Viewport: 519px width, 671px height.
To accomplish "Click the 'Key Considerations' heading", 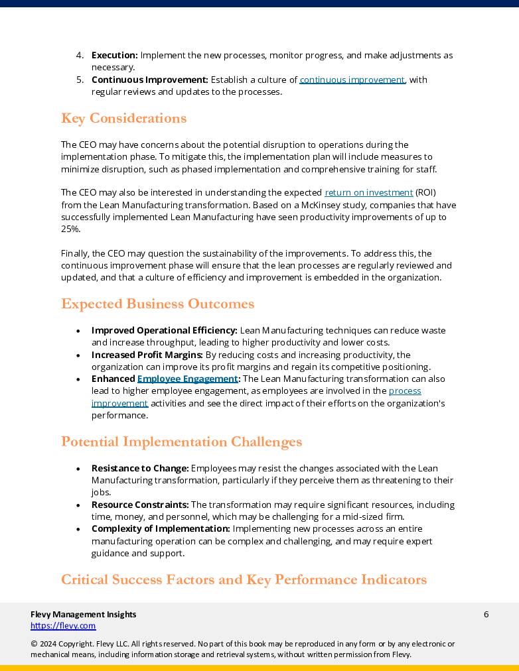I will [123, 119].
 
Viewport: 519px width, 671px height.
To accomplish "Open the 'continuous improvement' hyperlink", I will [352, 80].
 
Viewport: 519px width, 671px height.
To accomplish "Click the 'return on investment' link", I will [368, 192].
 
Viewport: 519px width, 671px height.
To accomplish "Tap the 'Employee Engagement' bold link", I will [187, 379].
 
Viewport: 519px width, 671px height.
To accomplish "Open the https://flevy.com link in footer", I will [63, 625].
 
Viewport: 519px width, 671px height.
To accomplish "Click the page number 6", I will [486, 614].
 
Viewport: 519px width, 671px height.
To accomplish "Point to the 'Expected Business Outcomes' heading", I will [157, 304].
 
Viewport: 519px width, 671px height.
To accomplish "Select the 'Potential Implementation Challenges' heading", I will [181, 442].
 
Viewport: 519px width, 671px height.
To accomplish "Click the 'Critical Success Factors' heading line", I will [244, 580].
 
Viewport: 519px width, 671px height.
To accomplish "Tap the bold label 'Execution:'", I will [114, 55].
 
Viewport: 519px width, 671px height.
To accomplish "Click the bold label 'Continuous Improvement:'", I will [149, 80].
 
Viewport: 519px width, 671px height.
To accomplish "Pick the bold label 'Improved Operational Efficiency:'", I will [164, 330].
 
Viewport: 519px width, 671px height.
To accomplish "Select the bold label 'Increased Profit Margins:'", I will [147, 355].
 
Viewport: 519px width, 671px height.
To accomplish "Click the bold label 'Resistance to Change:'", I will [140, 468].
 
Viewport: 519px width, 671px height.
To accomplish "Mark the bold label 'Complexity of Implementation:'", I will [161, 528].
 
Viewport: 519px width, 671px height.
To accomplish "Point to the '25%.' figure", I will [70, 229].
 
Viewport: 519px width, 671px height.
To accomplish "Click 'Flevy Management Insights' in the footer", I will [83, 614].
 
